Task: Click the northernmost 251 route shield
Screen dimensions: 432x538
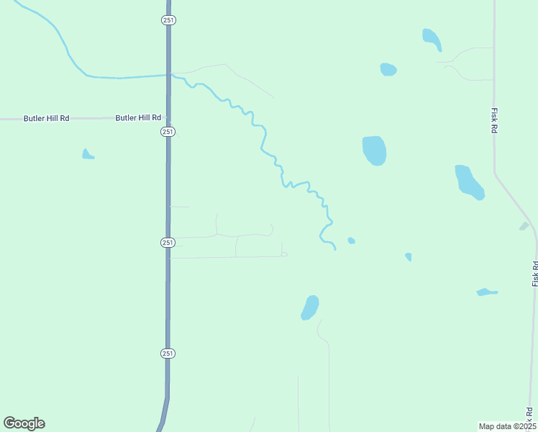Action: pyautogui.click(x=167, y=20)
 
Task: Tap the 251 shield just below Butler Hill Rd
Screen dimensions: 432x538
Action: pyautogui.click(x=168, y=132)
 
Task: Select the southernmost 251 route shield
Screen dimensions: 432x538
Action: pyautogui.click(x=168, y=353)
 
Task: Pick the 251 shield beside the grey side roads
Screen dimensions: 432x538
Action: pyautogui.click(x=168, y=243)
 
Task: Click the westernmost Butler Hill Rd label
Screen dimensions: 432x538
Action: pyautogui.click(x=46, y=117)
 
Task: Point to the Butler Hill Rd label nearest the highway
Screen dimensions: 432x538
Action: pyautogui.click(x=138, y=117)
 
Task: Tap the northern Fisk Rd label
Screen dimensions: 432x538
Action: pyautogui.click(x=495, y=120)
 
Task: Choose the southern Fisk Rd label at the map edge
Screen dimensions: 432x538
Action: pyautogui.click(x=535, y=274)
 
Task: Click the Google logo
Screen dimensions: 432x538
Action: pyautogui.click(x=24, y=423)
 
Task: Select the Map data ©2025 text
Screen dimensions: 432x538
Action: pyautogui.click(x=507, y=426)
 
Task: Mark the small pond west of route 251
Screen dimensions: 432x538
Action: pyautogui.click(x=87, y=154)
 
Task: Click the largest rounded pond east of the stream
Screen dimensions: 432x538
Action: pyautogui.click(x=374, y=150)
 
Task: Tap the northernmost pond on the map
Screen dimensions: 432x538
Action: pyautogui.click(x=432, y=39)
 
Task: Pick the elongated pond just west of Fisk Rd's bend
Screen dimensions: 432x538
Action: pyautogui.click(x=469, y=182)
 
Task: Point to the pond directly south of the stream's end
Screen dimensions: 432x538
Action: pyautogui.click(x=310, y=307)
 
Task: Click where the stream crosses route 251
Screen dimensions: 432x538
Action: pyautogui.click(x=168, y=74)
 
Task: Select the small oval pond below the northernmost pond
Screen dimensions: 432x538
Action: pyautogui.click(x=388, y=69)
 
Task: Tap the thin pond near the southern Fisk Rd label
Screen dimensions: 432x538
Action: pyautogui.click(x=486, y=292)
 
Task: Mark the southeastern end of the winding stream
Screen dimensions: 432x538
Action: pyautogui.click(x=334, y=248)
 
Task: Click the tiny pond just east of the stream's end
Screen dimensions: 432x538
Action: pyautogui.click(x=351, y=240)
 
